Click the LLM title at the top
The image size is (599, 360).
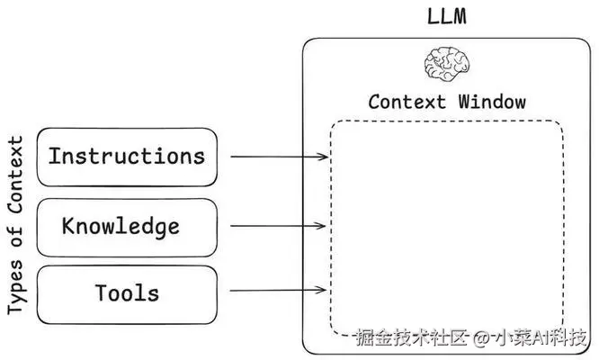point(446,17)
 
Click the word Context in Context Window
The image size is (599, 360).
point(407,101)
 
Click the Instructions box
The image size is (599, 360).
point(127,157)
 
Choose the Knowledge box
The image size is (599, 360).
point(127,227)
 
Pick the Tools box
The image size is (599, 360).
point(127,292)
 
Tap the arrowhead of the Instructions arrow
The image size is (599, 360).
point(325,157)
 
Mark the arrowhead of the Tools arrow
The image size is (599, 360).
point(325,291)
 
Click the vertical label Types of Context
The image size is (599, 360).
point(15,225)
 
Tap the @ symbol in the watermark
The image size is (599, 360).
point(482,338)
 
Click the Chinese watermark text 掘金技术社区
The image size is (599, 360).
point(412,338)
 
